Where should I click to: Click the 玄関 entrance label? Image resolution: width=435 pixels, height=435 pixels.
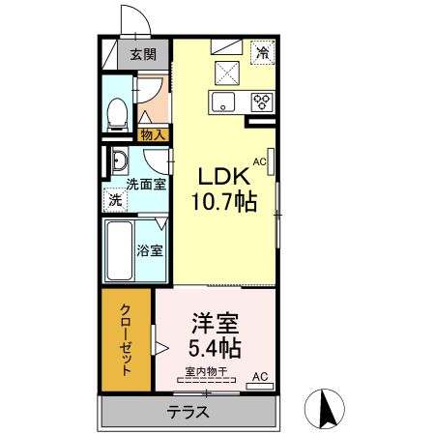(x=143, y=54)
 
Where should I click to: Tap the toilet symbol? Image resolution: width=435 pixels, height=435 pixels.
(x=117, y=115)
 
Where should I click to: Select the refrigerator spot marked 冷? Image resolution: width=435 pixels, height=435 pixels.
(x=263, y=52)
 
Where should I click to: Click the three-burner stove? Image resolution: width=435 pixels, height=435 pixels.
(x=263, y=101)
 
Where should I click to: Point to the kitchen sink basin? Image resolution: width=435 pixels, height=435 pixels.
(x=223, y=102)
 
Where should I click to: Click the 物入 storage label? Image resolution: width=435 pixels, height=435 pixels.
(x=153, y=135)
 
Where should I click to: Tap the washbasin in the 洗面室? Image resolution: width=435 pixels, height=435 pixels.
(x=120, y=160)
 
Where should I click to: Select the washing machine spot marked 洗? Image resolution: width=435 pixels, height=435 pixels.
(x=115, y=200)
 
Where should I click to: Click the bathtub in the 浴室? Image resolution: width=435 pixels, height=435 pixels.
(x=120, y=250)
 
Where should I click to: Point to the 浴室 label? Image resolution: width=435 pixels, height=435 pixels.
(x=150, y=250)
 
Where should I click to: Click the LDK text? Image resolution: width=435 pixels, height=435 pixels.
(x=224, y=176)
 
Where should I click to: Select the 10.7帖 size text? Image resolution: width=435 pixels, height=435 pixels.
(x=224, y=202)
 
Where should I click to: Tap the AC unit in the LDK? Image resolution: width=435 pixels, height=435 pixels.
(x=271, y=161)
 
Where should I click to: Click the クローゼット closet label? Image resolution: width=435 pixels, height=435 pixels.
(x=126, y=339)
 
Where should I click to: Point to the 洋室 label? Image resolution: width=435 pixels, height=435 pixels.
(x=215, y=323)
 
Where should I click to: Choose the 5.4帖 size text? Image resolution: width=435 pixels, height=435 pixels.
(x=215, y=348)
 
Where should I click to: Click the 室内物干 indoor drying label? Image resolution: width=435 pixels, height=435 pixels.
(x=206, y=371)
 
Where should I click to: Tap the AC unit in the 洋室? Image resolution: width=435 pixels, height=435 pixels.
(x=260, y=386)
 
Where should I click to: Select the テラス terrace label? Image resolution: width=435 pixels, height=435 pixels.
(x=188, y=412)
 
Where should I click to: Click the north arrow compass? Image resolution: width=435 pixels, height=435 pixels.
(x=325, y=409)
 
